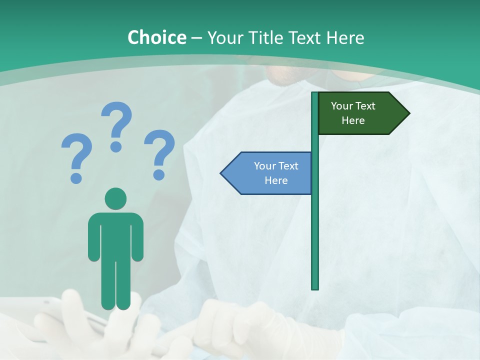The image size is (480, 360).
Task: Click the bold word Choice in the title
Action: (x=156, y=37)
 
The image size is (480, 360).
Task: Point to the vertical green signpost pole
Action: (x=315, y=225)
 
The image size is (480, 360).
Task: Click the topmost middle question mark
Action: (x=117, y=120)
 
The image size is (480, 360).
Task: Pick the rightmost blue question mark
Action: (x=160, y=148)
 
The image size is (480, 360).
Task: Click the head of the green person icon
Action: (x=115, y=198)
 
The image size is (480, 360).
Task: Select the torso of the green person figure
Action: (x=115, y=235)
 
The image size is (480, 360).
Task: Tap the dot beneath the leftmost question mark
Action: (x=76, y=177)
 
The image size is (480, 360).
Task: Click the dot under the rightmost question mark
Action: (x=159, y=174)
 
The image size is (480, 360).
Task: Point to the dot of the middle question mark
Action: (x=116, y=146)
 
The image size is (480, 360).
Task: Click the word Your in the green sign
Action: (x=342, y=106)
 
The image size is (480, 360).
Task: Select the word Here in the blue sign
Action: (x=276, y=180)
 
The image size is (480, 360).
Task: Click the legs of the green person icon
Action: (x=115, y=285)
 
